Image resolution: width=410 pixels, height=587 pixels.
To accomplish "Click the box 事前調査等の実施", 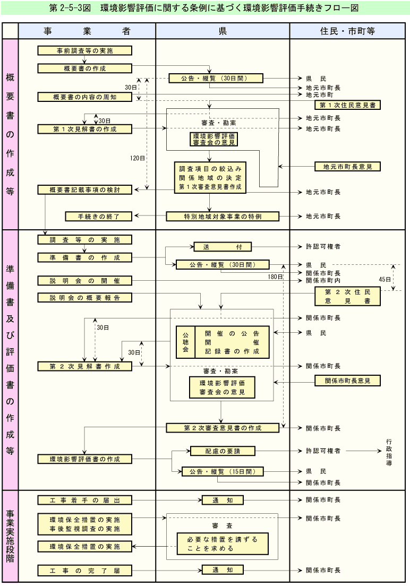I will tap(85, 51).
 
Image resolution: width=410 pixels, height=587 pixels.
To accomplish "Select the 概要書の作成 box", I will tap(85, 68).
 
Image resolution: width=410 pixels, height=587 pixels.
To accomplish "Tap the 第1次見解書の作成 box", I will tap(85, 129).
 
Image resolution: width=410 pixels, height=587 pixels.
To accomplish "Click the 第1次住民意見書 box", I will tap(347, 105).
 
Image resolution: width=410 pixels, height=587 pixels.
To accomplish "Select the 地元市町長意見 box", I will tap(347, 167).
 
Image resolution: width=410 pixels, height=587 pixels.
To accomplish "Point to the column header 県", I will tap(223, 31).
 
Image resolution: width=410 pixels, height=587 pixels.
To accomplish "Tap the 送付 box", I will tap(222, 247).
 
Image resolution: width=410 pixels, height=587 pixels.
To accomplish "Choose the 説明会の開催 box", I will tap(85, 280).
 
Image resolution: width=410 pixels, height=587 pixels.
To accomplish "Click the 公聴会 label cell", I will tap(185, 342).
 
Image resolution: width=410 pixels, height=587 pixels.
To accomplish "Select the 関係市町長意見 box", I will tap(347, 381).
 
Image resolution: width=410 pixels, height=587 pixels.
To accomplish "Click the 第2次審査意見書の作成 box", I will tap(223, 428).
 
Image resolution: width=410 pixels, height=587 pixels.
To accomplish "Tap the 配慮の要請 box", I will tap(223, 451).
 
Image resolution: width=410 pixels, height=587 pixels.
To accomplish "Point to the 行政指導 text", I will tap(389, 452).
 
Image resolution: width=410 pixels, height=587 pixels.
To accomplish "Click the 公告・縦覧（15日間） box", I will tap(223, 471).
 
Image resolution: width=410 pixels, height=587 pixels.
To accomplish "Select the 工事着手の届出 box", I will tap(85, 500).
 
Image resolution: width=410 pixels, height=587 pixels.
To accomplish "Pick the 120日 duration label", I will tap(136, 158).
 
